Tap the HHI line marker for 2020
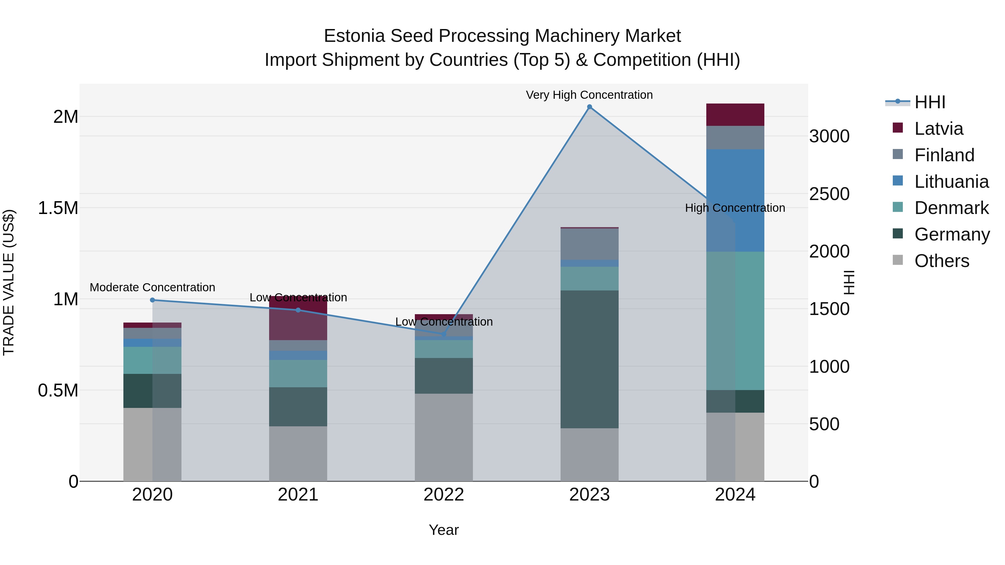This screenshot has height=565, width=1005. [x=152, y=300]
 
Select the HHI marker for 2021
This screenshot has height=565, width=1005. [x=298, y=310]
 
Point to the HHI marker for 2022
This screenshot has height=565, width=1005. [x=444, y=334]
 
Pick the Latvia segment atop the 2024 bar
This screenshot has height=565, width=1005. [x=735, y=115]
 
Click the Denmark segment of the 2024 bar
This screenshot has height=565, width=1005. [x=735, y=321]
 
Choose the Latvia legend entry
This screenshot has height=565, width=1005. [x=938, y=129]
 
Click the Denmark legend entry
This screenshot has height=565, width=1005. [x=951, y=208]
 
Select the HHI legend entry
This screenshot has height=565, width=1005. [x=929, y=102]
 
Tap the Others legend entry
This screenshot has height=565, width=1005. [x=941, y=261]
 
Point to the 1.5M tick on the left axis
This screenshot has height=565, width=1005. [x=58, y=208]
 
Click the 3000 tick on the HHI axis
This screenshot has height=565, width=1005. [x=829, y=136]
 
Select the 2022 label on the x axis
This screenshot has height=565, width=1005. [x=444, y=495]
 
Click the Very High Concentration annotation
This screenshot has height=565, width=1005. [x=589, y=95]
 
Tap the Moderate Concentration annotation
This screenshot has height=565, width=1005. [x=152, y=287]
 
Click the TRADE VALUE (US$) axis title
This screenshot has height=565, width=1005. [x=9, y=282]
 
